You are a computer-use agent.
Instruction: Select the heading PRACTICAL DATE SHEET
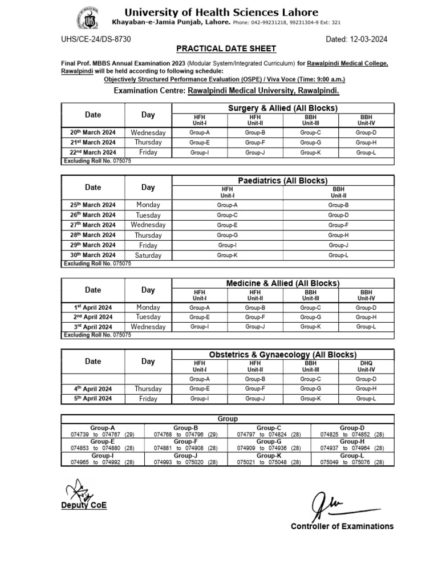pos(226,49)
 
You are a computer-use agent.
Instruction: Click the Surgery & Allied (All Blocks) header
pos(283,108)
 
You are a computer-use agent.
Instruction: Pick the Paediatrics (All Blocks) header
pos(283,180)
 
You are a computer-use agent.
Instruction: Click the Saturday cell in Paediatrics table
pos(148,255)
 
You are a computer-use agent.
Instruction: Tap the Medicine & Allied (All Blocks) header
pos(283,283)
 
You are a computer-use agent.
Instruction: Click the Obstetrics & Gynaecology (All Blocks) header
pos(283,355)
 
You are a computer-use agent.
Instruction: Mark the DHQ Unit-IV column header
pos(366,366)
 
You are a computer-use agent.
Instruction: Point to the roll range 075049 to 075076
pos(352,461)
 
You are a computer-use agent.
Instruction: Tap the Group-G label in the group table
pos(269,441)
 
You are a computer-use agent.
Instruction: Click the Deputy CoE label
pos(84,505)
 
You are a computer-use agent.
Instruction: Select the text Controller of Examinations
pos(342,526)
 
